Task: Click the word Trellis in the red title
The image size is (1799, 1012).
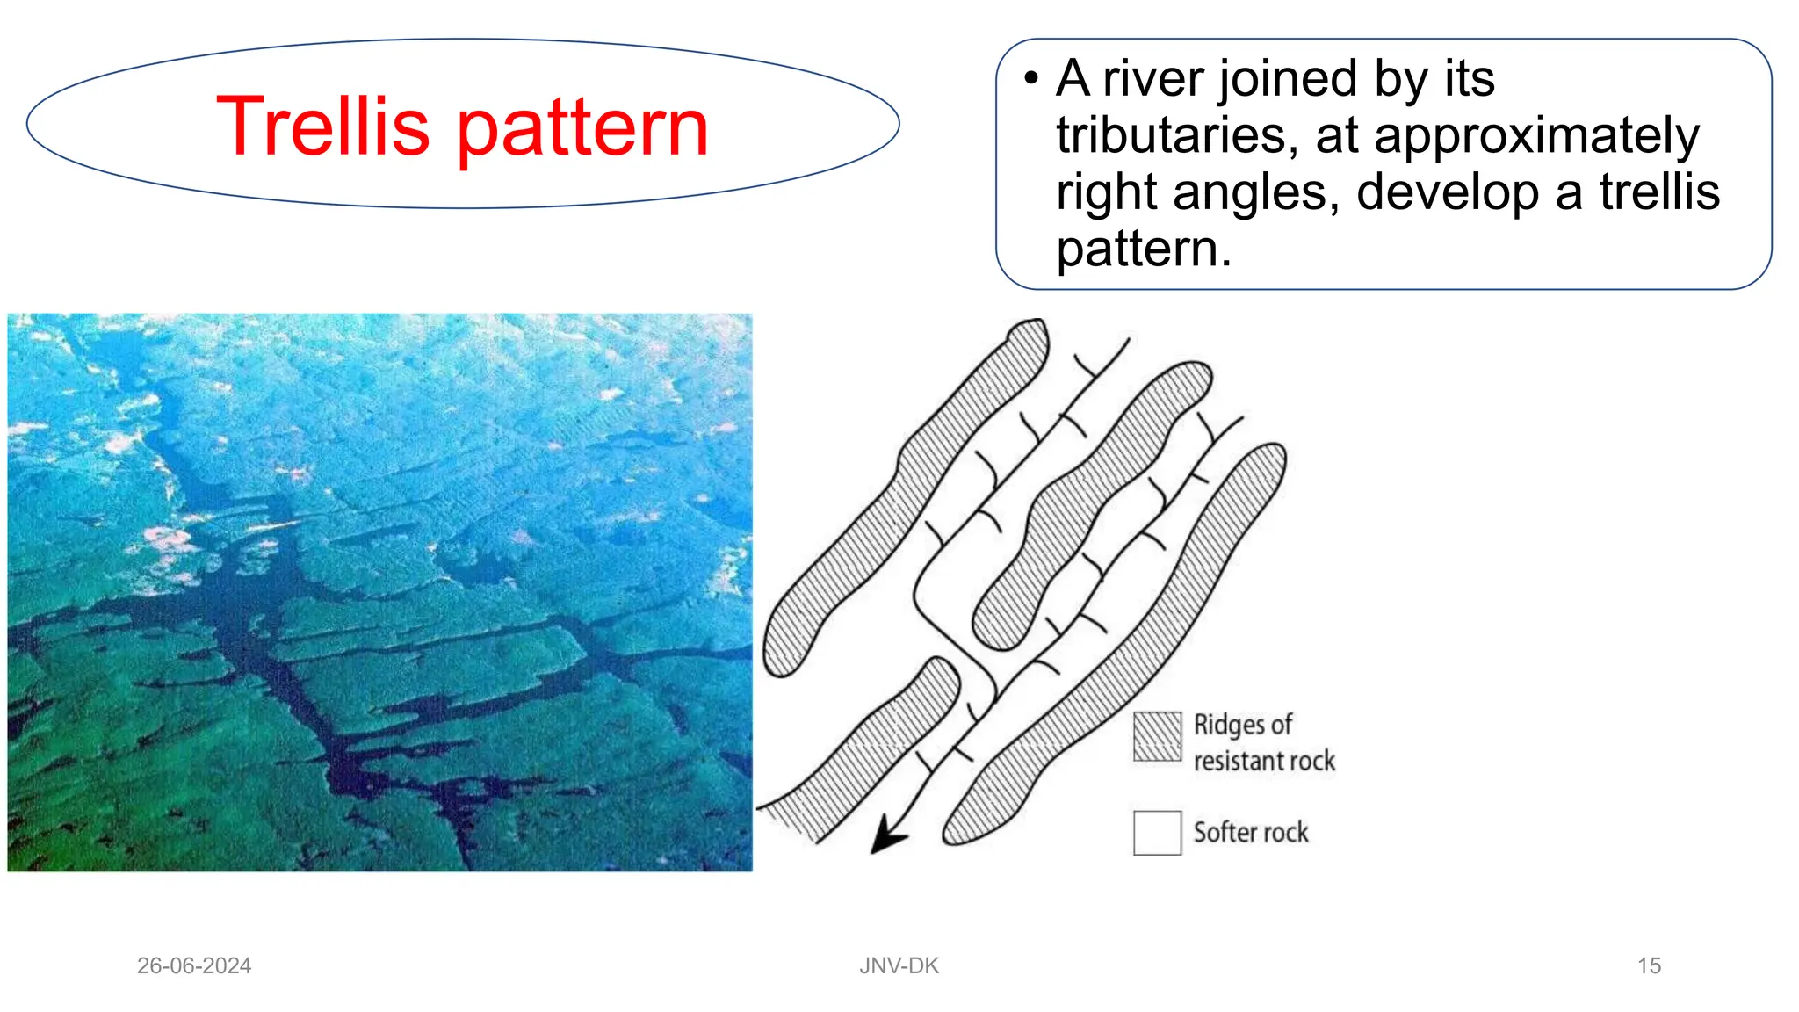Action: pos(322,127)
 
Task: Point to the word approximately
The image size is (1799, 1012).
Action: pos(1536,137)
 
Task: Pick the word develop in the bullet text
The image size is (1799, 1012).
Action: pos(1449,192)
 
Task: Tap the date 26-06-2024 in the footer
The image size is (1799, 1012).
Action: pos(194,965)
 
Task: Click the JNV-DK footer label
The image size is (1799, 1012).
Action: pos(899,965)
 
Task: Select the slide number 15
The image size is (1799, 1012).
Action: pos(1649,965)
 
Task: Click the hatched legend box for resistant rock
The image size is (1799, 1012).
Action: pos(1157,736)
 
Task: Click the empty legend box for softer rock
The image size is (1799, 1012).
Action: pos(1157,832)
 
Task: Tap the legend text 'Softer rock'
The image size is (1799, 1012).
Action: pos(1251,832)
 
